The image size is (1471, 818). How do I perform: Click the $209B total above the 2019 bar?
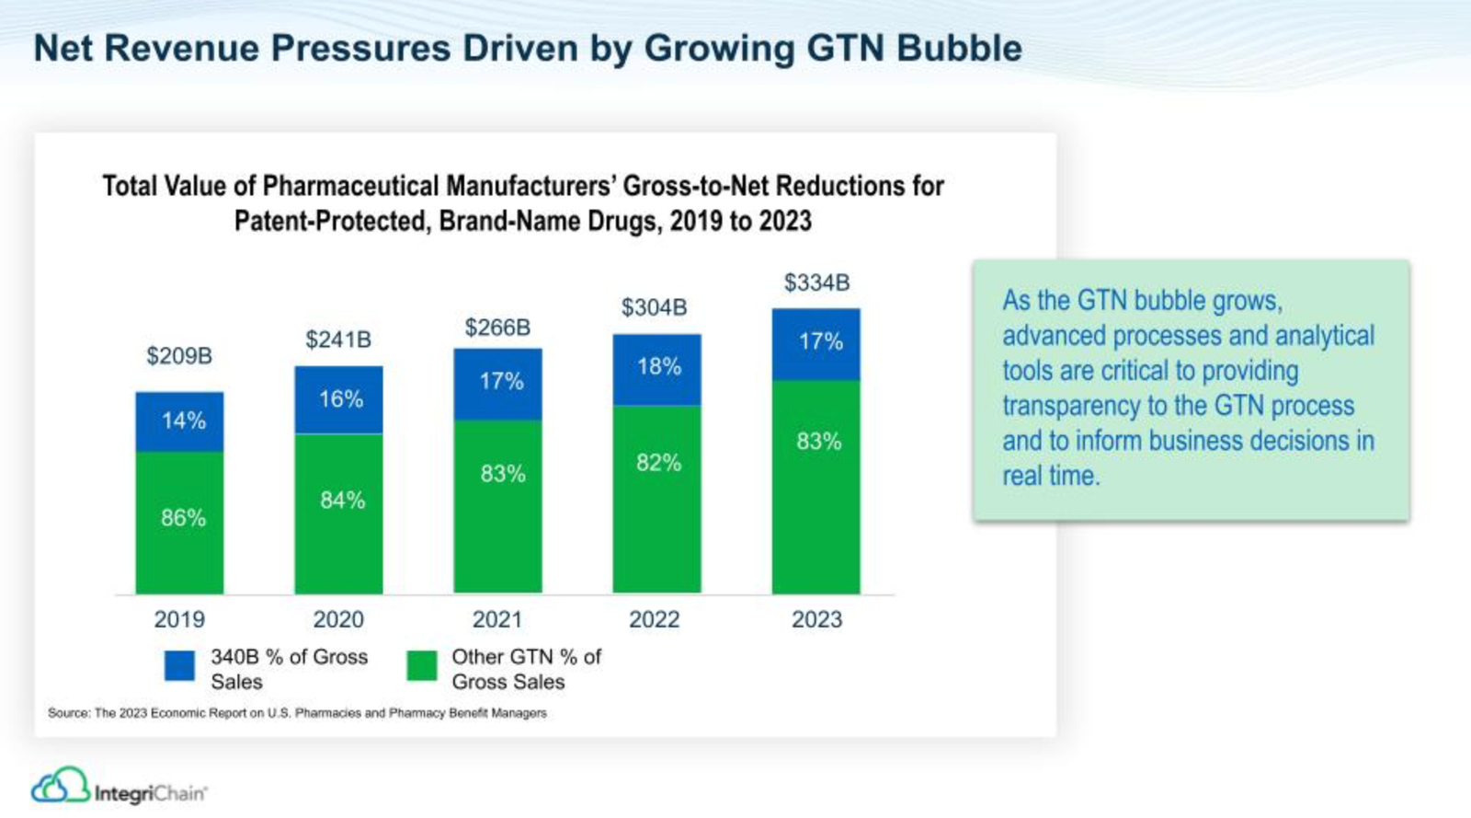[179, 356]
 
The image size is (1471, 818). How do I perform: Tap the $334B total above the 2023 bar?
[816, 282]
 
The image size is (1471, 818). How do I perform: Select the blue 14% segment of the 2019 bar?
[180, 421]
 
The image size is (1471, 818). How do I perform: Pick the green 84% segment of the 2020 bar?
[339, 513]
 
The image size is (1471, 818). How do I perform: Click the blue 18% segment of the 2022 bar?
[657, 368]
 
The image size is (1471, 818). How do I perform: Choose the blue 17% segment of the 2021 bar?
[498, 383]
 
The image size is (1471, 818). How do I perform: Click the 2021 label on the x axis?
[497, 619]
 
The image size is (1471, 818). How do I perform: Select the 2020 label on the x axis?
[338, 619]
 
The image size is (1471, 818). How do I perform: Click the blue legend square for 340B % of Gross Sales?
[180, 665]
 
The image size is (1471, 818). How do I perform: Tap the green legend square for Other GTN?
[422, 665]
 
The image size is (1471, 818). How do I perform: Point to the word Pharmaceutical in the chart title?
[350, 187]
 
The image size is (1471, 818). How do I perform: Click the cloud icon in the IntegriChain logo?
[60, 786]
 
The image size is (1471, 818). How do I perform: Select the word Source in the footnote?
[67, 713]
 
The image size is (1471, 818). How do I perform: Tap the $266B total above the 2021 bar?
[497, 328]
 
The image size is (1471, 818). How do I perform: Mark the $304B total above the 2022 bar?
[654, 307]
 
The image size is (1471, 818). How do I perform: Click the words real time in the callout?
[1051, 476]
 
